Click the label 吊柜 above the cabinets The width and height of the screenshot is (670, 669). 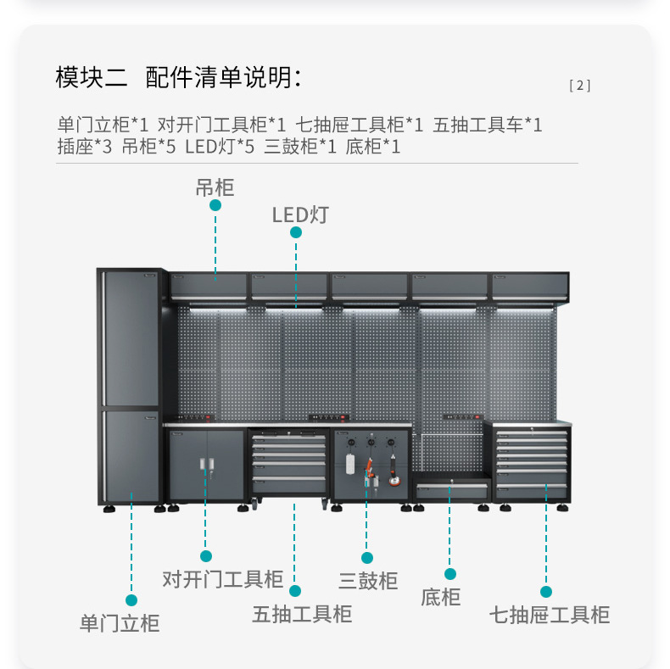coord(215,187)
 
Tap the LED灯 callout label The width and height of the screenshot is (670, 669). coord(299,215)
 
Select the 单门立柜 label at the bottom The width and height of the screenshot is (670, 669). coord(120,623)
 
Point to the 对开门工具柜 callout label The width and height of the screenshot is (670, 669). coord(222,579)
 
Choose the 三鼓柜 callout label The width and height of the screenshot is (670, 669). coord(368,581)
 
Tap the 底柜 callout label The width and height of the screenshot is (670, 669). coord(441,597)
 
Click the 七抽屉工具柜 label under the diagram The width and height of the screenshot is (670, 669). coord(549,614)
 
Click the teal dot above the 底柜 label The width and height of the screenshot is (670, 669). coord(450,574)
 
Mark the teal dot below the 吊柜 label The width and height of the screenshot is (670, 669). coord(215,205)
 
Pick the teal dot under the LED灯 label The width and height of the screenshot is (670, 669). coord(296,232)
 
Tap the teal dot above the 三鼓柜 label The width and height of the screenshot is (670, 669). coord(367,558)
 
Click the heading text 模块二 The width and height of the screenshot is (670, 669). coord(92,78)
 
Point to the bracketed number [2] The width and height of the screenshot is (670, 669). coord(580,85)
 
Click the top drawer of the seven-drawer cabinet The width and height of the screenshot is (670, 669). coord(533,434)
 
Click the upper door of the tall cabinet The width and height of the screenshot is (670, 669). coord(131,339)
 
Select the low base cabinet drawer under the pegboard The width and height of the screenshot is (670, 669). coord(452,490)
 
